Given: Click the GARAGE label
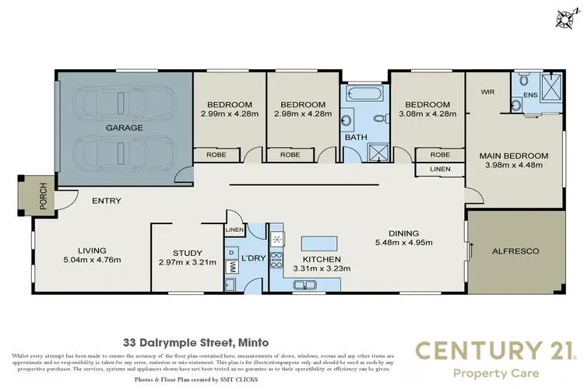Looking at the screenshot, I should (x=123, y=127).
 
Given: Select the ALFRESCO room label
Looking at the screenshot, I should (x=515, y=251).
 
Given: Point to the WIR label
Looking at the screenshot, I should (x=488, y=91).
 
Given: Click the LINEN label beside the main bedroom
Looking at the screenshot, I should (x=439, y=169).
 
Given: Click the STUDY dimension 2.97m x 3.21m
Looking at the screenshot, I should (x=188, y=263).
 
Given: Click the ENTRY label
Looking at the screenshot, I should (x=107, y=201).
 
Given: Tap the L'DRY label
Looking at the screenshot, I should (x=253, y=258).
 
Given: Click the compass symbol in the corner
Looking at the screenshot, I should (x=563, y=16).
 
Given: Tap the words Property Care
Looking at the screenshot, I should (x=497, y=373).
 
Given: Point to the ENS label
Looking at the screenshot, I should (x=530, y=95).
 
